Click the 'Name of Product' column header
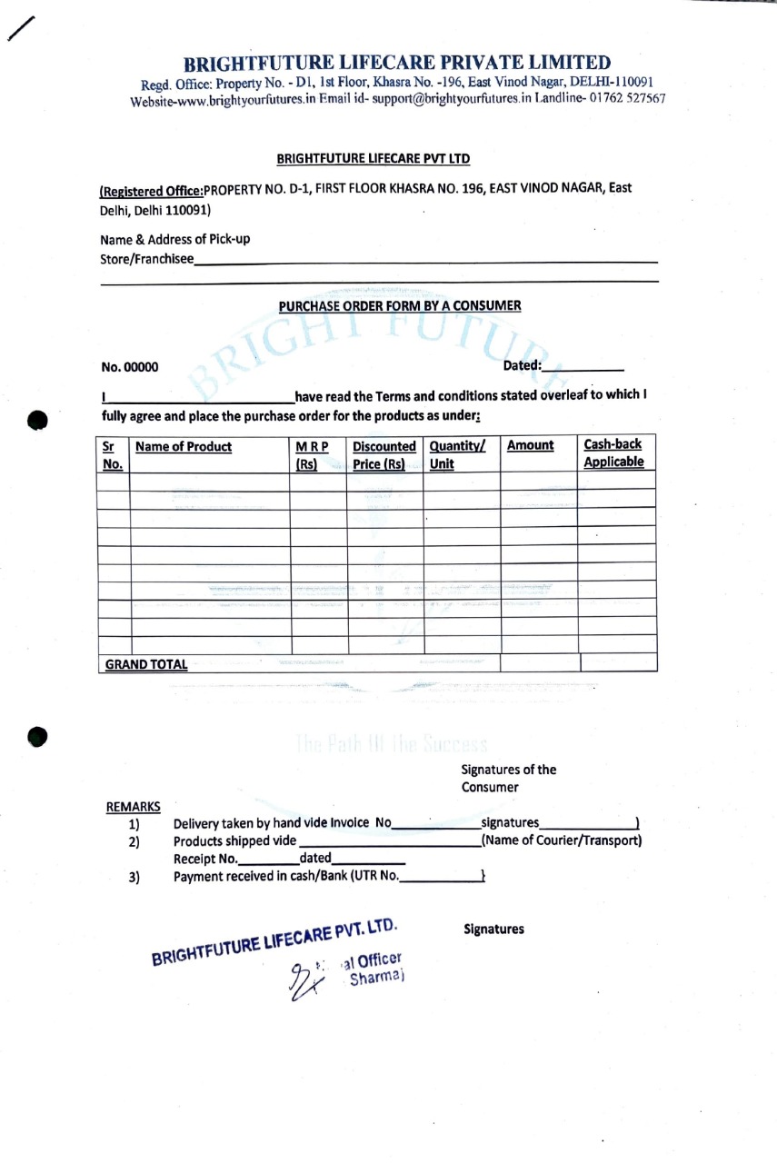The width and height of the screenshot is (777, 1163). tap(183, 447)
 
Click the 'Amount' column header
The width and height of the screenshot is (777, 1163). tap(530, 446)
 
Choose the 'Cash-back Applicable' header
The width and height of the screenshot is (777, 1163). tap(613, 452)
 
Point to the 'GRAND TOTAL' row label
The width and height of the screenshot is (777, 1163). tap(146, 664)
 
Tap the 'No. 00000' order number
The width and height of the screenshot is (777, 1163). tap(130, 368)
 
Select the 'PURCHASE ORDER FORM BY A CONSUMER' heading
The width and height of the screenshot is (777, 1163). tap(400, 305)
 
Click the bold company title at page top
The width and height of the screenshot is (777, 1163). tap(397, 63)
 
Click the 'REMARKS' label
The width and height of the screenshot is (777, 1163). tap(134, 807)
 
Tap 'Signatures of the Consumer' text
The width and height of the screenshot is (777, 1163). tap(509, 778)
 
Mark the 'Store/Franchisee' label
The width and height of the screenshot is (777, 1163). tap(147, 259)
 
